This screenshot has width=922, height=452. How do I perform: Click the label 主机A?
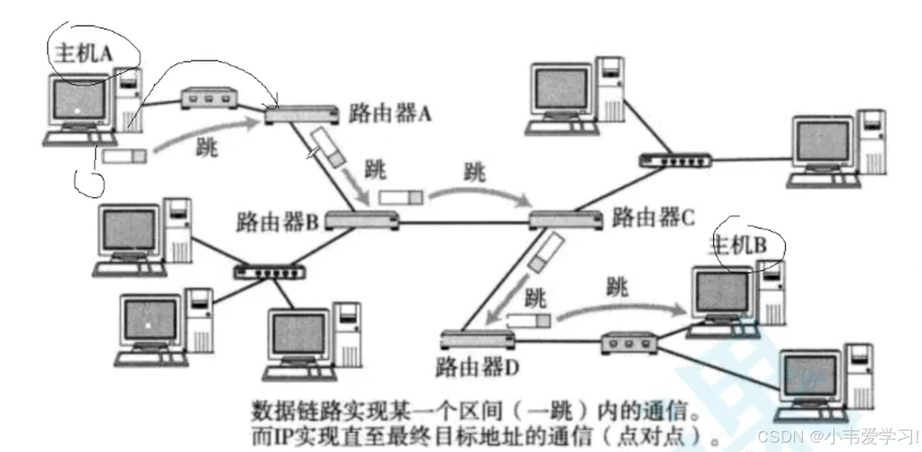point(82,53)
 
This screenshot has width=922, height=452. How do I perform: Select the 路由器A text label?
point(390,114)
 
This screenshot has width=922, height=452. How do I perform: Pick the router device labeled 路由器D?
point(477,340)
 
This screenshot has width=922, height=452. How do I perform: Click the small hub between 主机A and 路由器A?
point(210,98)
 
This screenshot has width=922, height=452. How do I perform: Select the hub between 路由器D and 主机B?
point(628,343)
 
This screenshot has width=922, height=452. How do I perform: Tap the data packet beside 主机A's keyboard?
point(125,156)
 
